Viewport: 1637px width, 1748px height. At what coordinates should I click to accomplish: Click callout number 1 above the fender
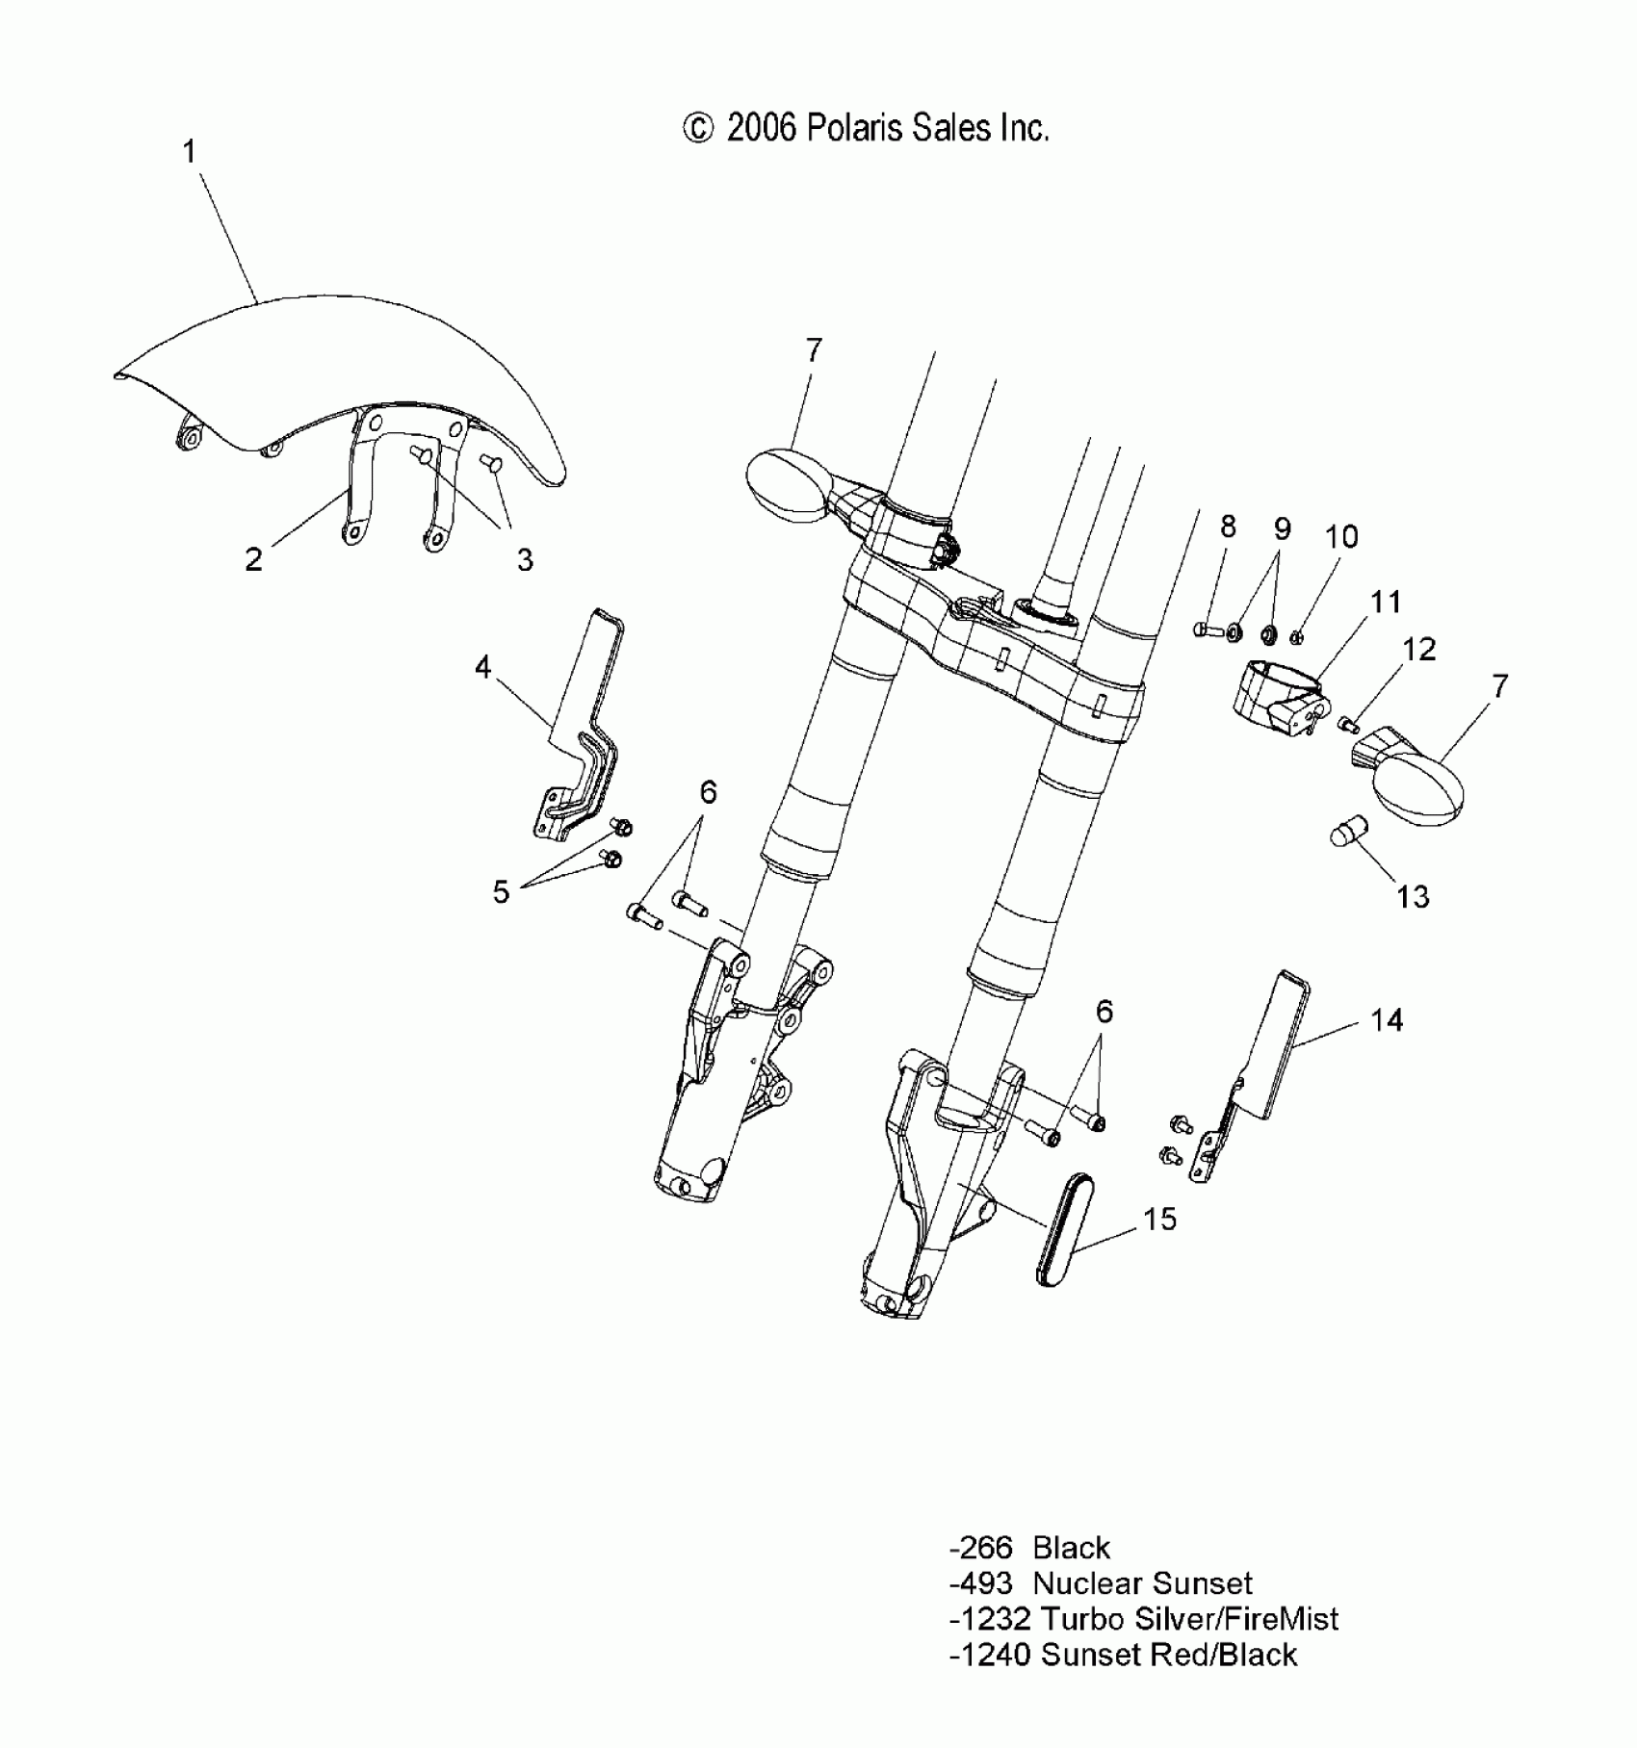190,152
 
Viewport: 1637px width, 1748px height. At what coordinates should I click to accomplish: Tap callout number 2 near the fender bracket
253,559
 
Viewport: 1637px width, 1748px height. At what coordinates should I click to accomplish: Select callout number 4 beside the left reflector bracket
482,667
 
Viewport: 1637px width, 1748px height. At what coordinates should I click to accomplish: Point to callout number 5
501,892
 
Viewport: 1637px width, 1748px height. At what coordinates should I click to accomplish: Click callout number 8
1228,527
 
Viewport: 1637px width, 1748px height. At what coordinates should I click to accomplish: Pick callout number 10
1341,536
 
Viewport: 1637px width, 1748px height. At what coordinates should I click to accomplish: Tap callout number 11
1386,603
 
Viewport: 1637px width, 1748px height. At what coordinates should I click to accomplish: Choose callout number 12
1419,649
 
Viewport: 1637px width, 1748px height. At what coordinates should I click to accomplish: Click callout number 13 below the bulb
1413,897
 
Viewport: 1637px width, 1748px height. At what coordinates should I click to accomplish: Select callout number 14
1387,1020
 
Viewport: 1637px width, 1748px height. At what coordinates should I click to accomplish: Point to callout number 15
1160,1220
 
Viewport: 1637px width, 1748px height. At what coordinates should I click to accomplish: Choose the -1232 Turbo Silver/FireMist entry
1143,1619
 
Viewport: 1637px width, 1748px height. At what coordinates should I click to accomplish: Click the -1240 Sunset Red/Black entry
1122,1655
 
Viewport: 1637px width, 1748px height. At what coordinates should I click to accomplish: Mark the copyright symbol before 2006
698,128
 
